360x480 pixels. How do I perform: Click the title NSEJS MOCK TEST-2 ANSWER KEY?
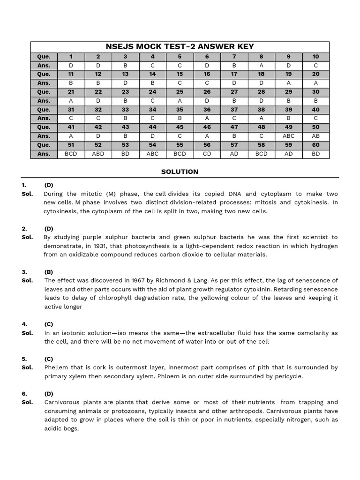point(180,46)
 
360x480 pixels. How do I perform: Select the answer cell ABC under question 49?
point(288,136)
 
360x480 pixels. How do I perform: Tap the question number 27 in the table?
point(234,92)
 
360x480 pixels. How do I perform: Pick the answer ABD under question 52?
point(98,154)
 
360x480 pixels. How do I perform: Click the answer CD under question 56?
point(207,154)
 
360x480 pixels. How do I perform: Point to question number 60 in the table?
point(315,145)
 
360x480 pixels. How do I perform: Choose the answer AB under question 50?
point(315,136)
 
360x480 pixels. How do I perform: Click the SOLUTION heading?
point(180,172)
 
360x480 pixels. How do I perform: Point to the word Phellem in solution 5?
point(57,368)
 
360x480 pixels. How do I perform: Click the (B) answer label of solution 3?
point(49,272)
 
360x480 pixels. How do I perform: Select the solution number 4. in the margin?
point(24,324)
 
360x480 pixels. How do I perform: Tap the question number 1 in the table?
point(71,57)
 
